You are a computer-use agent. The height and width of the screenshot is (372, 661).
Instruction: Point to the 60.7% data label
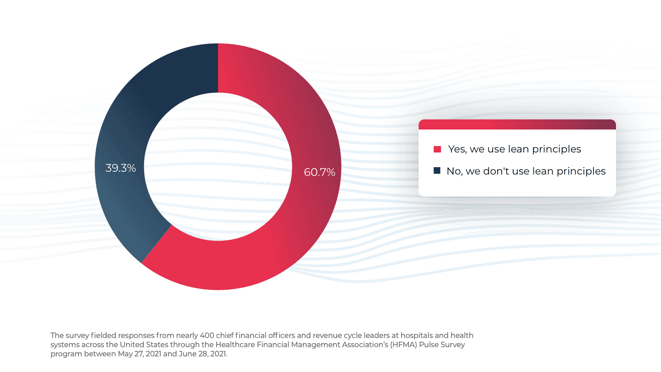tap(319, 172)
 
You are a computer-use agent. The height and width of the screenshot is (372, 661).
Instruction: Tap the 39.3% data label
tap(121, 168)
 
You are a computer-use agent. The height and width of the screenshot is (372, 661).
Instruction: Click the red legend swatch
tap(437, 149)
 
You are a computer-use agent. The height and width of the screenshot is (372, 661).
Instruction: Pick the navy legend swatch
tap(437, 171)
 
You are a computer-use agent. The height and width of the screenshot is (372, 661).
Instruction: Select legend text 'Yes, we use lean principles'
tap(515, 149)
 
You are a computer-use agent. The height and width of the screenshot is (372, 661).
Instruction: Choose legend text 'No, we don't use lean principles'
tap(526, 171)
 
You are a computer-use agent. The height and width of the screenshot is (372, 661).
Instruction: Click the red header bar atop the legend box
tap(517, 124)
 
